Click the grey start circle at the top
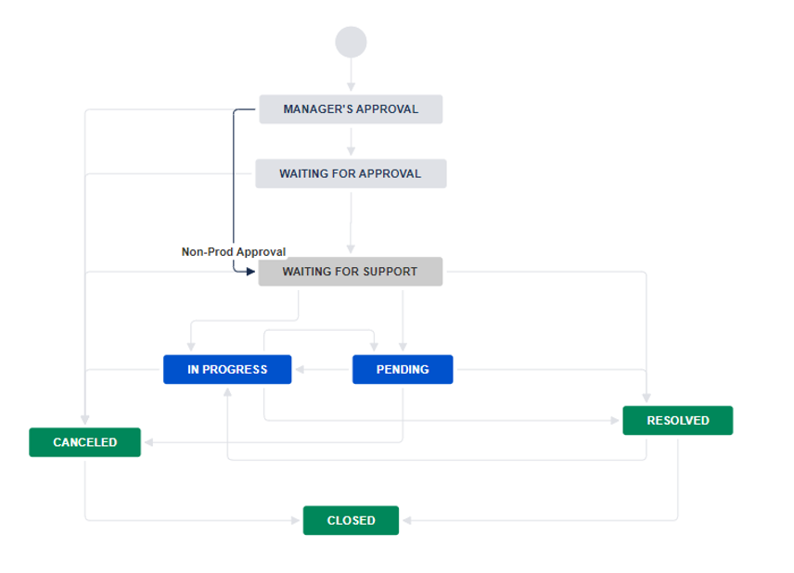pos(351,42)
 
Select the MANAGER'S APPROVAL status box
pos(351,109)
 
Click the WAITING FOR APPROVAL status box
pos(351,173)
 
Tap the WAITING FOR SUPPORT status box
pos(351,272)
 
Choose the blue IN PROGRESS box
pos(227,369)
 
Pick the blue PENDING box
pos(403,369)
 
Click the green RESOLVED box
pos(677,420)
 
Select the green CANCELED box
pos(84,442)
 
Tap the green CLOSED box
pos(351,520)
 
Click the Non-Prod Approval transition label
pos(234,251)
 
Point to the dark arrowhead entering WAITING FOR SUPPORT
pos(250,272)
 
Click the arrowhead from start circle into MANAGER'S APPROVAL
pos(351,88)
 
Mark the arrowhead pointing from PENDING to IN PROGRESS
pos(300,369)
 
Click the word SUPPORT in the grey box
pos(391,272)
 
